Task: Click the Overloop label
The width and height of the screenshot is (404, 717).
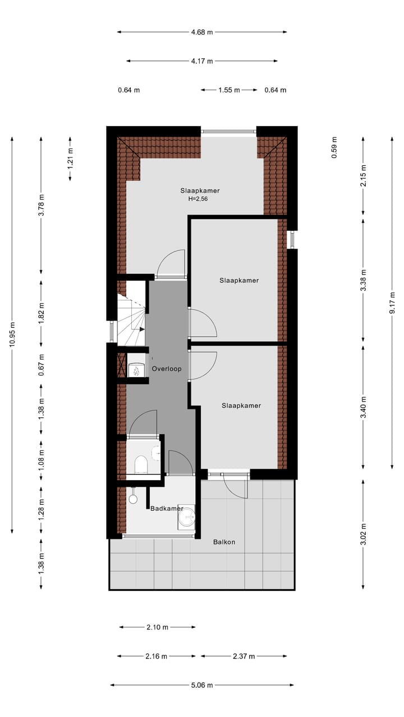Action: click(167, 369)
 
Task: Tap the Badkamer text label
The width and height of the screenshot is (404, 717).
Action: click(167, 508)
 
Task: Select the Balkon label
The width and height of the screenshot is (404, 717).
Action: click(224, 542)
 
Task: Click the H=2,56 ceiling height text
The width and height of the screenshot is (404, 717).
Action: click(198, 199)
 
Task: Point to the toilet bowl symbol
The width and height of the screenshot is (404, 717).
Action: click(141, 465)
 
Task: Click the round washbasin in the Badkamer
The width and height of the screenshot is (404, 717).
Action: click(187, 518)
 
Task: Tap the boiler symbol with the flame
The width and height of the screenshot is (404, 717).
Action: click(135, 370)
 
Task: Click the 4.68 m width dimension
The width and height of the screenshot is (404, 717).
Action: click(202, 32)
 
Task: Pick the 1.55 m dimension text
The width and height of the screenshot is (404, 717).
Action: click(229, 90)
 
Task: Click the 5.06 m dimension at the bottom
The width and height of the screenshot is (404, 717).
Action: click(202, 685)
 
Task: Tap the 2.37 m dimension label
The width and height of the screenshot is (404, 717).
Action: click(244, 656)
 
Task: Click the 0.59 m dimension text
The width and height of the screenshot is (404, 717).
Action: click(334, 148)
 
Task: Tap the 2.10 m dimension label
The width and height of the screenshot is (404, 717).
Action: click(157, 627)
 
